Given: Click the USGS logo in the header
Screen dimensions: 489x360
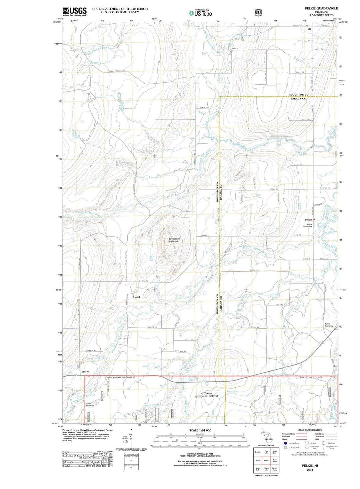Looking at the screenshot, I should [x=74, y=11].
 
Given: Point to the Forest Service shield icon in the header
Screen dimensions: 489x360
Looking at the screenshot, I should [x=257, y=13].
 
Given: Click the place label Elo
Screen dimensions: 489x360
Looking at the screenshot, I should [x=309, y=29].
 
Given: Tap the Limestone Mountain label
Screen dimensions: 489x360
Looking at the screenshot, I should [x=174, y=240].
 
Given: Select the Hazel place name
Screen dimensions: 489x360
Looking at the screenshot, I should [x=137, y=297].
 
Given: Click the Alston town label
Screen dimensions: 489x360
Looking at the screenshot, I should [x=86, y=371].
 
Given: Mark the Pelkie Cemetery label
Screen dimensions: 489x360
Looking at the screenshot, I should [x=329, y=325].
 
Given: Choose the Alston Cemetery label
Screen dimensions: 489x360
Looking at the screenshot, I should [x=90, y=405].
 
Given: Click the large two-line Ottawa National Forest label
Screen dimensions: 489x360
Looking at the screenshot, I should [x=206, y=395].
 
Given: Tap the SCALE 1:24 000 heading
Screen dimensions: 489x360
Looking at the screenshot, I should [x=200, y=430].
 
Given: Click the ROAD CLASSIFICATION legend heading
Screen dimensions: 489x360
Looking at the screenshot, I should [x=310, y=430].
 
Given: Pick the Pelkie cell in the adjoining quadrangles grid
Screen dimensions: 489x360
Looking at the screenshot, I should [x=266, y=460].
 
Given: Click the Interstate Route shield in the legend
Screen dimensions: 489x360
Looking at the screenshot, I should [x=285, y=443].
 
